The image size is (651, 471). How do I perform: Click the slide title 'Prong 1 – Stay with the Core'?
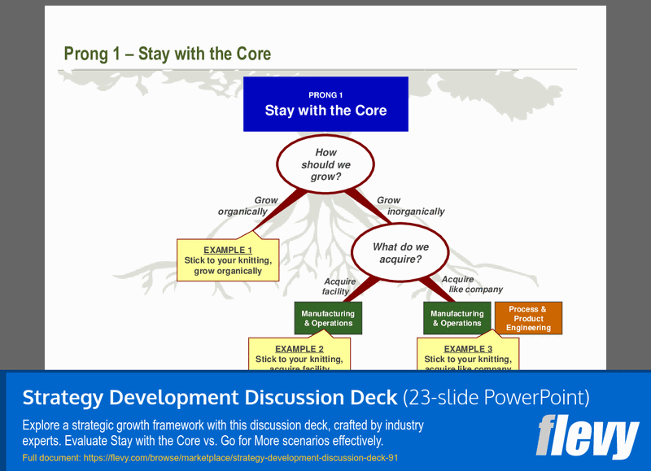point(167,55)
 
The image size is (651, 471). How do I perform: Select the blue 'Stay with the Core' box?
point(325,104)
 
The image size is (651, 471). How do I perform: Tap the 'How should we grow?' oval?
point(325,164)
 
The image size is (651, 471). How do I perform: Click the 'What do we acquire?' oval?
point(400,253)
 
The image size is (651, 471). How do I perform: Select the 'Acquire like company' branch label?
point(472,284)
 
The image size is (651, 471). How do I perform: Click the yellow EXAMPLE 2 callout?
point(299,355)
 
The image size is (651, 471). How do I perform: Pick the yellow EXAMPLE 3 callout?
point(468,355)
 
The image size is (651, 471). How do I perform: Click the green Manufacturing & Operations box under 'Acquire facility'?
point(328,318)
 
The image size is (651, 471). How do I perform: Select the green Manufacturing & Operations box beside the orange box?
point(457,318)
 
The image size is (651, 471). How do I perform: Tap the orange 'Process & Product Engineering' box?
point(528,318)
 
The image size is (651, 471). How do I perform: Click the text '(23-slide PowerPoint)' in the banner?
point(496,398)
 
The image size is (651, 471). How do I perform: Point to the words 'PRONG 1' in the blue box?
point(325,94)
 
